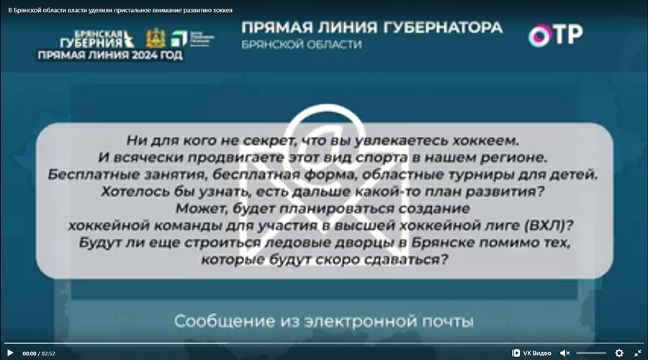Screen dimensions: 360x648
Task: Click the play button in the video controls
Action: (10, 353)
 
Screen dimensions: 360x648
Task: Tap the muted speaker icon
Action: (565, 353)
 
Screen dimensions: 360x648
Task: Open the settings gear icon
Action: (619, 353)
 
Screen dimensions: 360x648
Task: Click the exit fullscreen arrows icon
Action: (637, 353)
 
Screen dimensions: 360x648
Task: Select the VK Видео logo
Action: (532, 353)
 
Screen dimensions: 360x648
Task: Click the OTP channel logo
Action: (555, 35)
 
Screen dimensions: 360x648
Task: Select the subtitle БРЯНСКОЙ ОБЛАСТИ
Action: (302, 45)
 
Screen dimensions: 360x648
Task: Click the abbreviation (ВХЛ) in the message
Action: (554, 225)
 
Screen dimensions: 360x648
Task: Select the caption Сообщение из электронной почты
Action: (323, 320)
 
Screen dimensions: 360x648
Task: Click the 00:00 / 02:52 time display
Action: (40, 354)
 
